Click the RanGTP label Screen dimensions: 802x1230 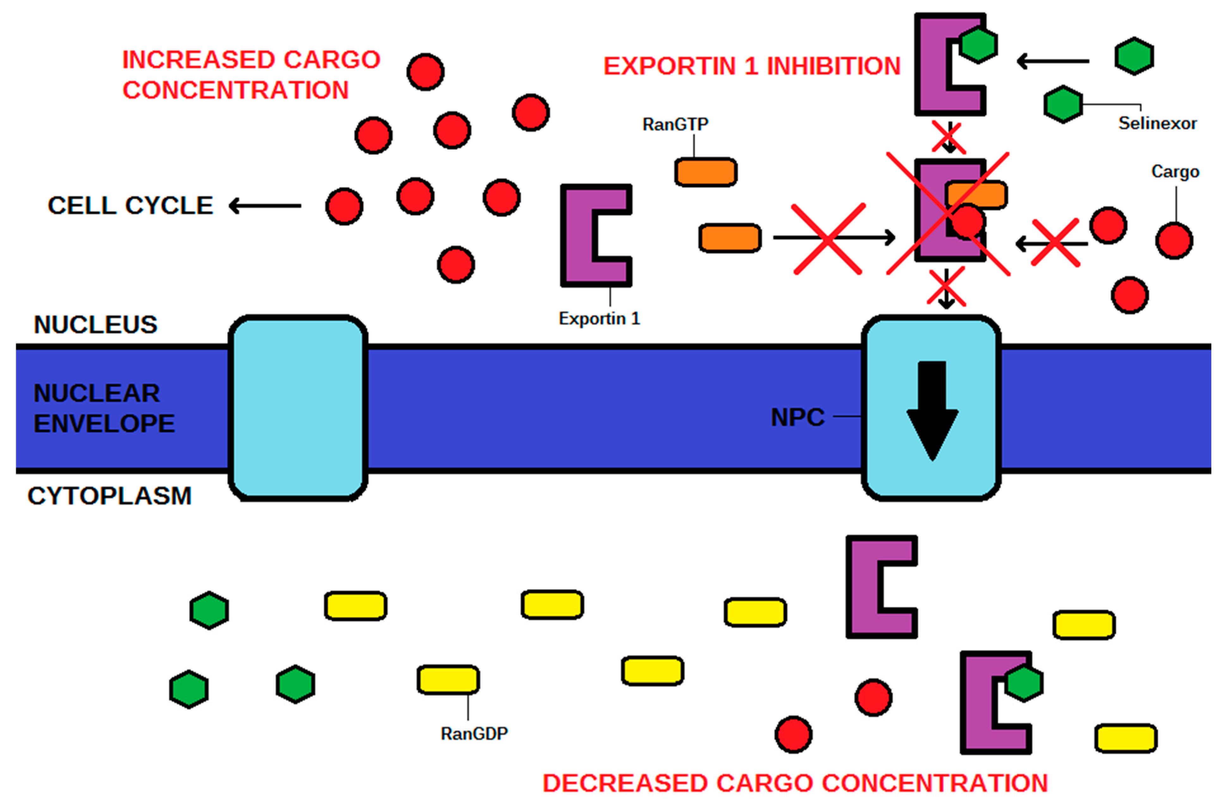click(x=675, y=124)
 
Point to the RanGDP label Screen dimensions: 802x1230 click(x=474, y=733)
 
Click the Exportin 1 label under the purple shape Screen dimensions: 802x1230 click(x=599, y=318)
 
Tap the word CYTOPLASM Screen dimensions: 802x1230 click(x=109, y=496)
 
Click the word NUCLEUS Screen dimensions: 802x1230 click(x=95, y=325)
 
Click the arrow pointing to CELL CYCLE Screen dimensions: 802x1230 click(x=265, y=206)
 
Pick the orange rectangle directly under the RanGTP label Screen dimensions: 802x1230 click(x=705, y=172)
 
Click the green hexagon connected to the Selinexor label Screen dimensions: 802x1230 click(x=1063, y=104)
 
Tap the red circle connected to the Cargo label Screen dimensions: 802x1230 click(x=1174, y=241)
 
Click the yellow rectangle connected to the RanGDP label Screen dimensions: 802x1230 click(x=448, y=680)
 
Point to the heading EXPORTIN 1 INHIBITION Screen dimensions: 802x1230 click(x=752, y=66)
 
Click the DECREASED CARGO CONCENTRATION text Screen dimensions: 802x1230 click(x=795, y=783)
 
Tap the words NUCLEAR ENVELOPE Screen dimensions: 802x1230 click(x=103, y=408)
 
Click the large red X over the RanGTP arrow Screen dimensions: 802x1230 click(x=827, y=239)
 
